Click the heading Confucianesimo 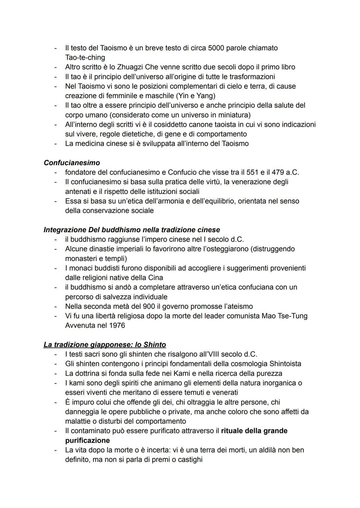pyautogui.click(x=72, y=163)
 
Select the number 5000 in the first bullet pyautogui.click(x=217, y=48)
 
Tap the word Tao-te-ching pyautogui.click(x=85, y=57)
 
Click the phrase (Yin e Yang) pyautogui.click(x=195, y=96)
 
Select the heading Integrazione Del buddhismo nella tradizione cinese pyautogui.click(x=132, y=230)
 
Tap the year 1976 pyautogui.click(x=117, y=325)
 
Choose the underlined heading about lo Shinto pyautogui.click(x=105, y=344)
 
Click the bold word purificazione pyautogui.click(x=87, y=440)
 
